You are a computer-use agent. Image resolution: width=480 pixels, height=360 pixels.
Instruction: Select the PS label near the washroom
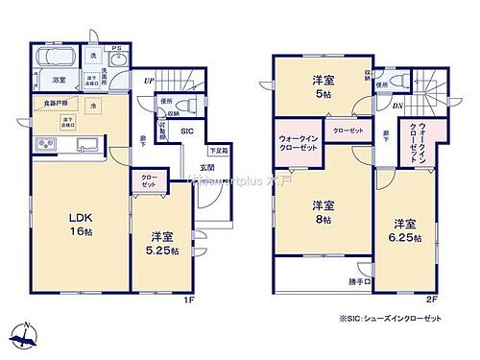pyautogui.click(x=114, y=49)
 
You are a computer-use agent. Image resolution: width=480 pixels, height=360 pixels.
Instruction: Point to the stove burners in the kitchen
pyautogui.click(x=44, y=145)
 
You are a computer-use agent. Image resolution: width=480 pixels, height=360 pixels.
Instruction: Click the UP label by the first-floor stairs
pyautogui.click(x=149, y=81)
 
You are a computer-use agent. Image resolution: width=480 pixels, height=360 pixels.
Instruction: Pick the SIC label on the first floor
pyautogui.click(x=188, y=130)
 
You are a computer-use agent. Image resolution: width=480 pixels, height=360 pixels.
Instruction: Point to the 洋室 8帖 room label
pyautogui.click(x=321, y=212)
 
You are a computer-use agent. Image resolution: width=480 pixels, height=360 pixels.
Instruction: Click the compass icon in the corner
pyautogui.click(x=26, y=336)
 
